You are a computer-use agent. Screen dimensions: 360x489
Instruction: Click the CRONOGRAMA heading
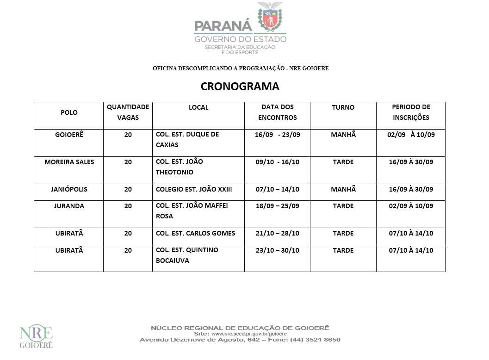pos(240,87)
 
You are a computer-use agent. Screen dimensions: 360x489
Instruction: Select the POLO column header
pos(69,112)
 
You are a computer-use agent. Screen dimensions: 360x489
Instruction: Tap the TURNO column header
pos(343,107)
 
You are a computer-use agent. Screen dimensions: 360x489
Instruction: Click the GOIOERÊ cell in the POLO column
pos(69,135)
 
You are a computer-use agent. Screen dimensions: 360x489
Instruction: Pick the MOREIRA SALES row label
pos(69,162)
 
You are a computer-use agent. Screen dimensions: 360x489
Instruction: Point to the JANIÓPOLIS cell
pos(69,189)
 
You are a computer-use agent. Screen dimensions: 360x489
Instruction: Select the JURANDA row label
pos(69,206)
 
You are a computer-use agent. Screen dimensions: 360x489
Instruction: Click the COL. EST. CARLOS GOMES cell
pos(195,233)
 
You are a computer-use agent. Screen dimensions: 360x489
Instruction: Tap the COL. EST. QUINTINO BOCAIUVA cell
pos(187,255)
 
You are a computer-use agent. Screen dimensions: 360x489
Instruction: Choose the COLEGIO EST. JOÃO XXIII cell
pos(194,189)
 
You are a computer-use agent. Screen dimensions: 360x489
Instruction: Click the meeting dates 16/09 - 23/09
pos(277,135)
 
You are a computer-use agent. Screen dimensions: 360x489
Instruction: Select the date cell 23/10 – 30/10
pos(277,250)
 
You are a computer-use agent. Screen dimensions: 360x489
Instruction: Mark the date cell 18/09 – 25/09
pos(277,206)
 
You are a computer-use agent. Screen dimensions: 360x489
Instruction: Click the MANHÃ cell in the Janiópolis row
pos(343,189)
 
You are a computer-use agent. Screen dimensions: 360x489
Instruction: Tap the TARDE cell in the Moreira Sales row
pos(343,162)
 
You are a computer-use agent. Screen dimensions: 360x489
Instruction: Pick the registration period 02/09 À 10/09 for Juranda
pos(411,206)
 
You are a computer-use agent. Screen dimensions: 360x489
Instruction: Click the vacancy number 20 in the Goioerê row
pos(128,135)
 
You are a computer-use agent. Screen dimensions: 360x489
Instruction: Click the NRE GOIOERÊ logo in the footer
pos(36,336)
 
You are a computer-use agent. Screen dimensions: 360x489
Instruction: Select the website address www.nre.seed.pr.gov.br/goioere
pos(248,334)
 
